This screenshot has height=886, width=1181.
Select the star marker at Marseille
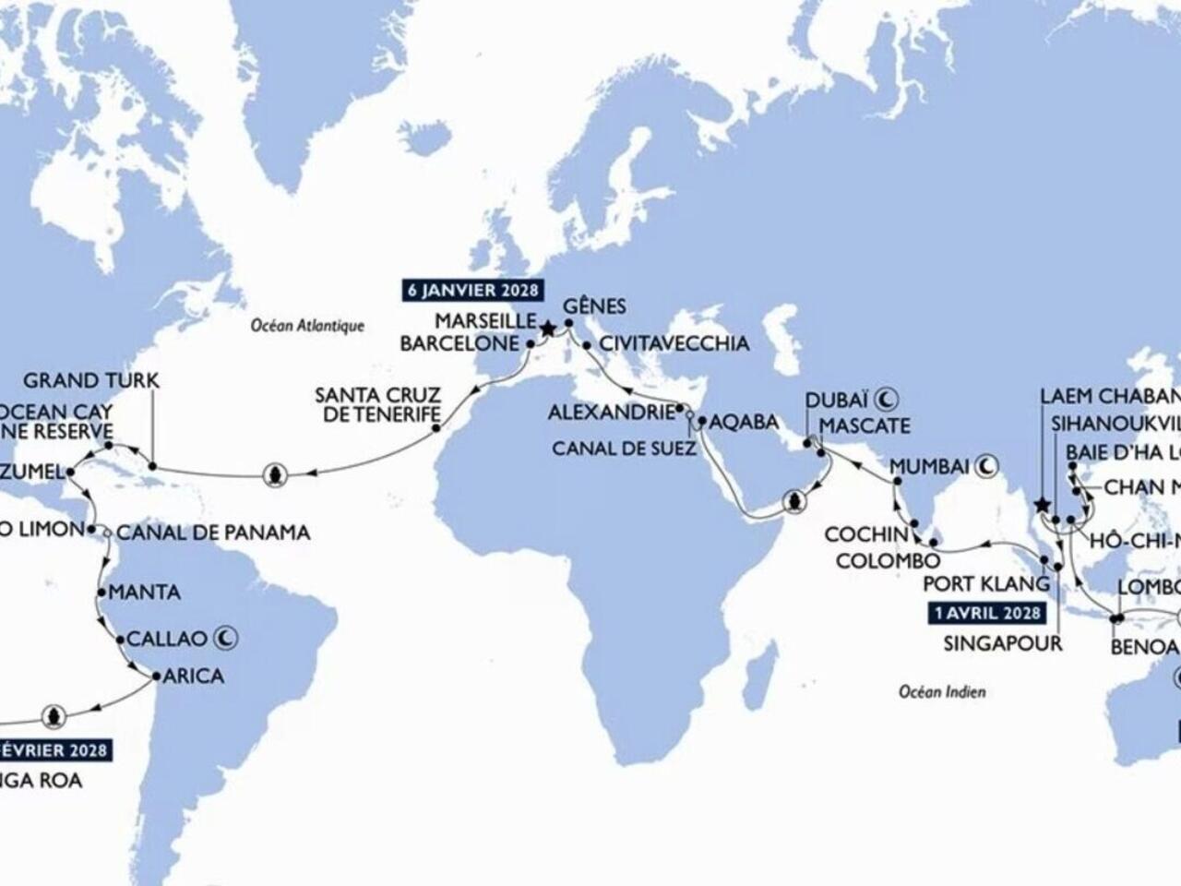(x=547, y=328)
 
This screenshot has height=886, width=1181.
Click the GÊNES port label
(x=594, y=306)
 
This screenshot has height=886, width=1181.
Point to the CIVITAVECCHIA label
(x=674, y=344)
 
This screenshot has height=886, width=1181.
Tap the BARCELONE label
(x=459, y=343)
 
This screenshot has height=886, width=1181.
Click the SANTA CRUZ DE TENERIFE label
(x=376, y=404)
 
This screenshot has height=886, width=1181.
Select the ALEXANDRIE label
(x=611, y=413)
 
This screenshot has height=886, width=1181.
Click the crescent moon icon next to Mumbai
(x=987, y=467)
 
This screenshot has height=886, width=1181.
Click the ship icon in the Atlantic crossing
(x=274, y=474)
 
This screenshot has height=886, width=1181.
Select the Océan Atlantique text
(x=308, y=326)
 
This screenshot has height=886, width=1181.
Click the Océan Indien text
(x=942, y=690)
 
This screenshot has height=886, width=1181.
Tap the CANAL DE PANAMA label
(x=213, y=533)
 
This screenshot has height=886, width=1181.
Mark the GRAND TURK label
(x=91, y=380)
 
